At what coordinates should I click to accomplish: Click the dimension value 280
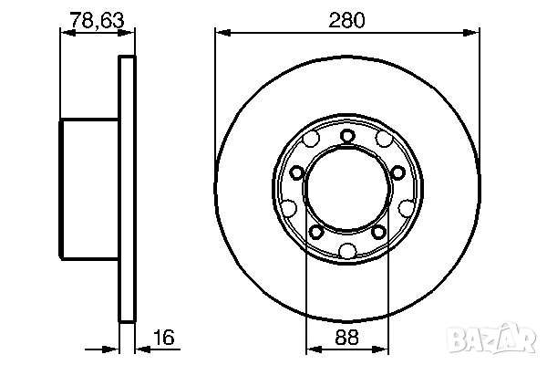347,20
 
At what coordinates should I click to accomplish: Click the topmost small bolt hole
347,136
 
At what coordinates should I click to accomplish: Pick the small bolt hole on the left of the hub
296,172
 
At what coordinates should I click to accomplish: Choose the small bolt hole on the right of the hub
398,172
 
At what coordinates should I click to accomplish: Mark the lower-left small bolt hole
315,232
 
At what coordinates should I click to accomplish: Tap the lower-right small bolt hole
379,232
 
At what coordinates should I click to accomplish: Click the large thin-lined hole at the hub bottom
347,249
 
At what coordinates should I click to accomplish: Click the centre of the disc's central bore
347,190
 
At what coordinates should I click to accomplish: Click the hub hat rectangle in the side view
89,189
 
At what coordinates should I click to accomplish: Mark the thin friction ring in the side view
127,189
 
